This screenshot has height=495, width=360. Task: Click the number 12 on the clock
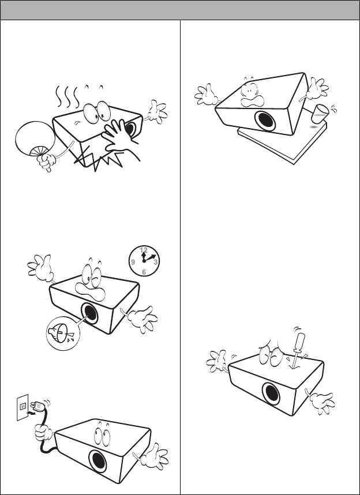[144, 250]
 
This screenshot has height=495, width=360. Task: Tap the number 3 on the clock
[156, 262]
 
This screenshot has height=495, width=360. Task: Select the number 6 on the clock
[144, 272]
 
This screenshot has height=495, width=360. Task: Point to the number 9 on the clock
[133, 262]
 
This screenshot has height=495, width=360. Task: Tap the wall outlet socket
[22, 407]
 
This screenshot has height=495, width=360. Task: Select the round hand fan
[35, 139]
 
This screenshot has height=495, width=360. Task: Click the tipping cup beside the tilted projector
[320, 114]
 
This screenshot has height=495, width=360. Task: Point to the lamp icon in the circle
[59, 334]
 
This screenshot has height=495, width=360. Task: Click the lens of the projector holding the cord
[97, 461]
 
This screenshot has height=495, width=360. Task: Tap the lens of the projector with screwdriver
[271, 393]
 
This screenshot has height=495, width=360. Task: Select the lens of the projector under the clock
[89, 313]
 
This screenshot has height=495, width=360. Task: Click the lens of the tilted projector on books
[265, 120]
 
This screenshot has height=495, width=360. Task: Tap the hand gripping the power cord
[43, 433]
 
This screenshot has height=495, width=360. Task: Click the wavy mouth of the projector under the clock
[90, 291]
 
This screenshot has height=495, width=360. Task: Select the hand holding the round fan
[46, 161]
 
